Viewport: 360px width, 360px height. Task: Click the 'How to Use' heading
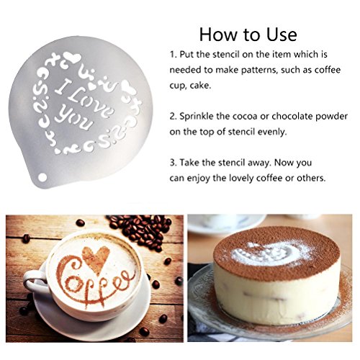tap(248, 35)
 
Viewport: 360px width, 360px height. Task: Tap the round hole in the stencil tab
tap(42, 178)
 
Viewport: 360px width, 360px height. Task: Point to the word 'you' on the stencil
tap(73, 118)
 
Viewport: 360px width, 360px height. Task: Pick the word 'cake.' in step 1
tap(200, 86)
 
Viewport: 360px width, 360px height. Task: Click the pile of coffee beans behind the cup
tap(142, 230)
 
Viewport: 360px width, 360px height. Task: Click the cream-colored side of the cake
tap(276, 300)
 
